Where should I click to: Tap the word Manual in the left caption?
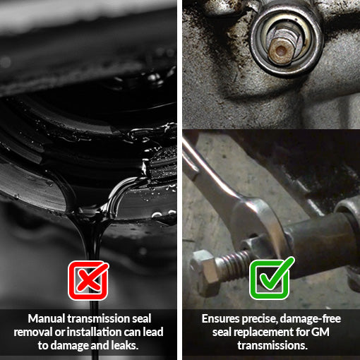click(x=47, y=319)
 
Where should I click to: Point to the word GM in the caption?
click(x=330, y=332)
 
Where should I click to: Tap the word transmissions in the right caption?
click(x=271, y=346)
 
